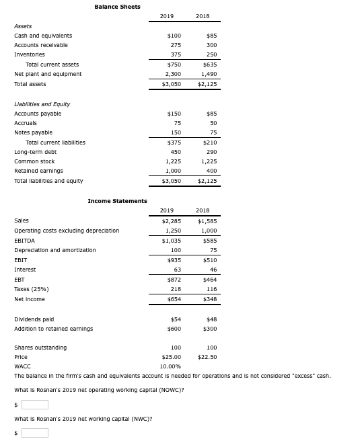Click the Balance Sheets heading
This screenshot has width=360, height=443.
[117, 7]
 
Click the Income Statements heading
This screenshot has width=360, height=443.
[117, 201]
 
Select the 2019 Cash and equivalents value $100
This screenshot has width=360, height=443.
[174, 36]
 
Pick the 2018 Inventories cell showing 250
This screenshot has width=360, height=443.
[211, 54]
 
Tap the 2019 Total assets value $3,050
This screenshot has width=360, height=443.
[172, 84]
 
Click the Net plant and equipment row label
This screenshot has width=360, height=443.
[48, 74]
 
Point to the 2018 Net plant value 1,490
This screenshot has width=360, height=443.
[209, 74]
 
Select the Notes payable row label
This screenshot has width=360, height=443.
[33, 132]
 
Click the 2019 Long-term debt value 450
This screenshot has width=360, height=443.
[176, 152]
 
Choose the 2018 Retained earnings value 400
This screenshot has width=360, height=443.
[211, 171]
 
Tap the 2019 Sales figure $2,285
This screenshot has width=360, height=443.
[172, 220]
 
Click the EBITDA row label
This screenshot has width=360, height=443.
[25, 240]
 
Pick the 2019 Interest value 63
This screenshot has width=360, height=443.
[178, 270]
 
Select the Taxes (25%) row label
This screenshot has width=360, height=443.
[31, 289]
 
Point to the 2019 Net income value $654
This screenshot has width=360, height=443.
[174, 299]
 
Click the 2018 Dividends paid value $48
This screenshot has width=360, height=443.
[210, 319]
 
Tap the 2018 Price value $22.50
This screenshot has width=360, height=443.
[207, 358]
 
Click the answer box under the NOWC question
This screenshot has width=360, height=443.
[35, 404]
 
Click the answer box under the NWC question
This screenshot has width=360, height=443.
[35, 432]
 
